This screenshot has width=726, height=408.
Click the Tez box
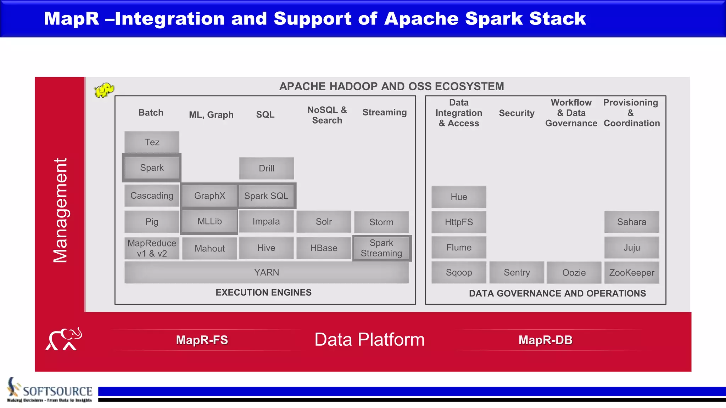[x=152, y=142]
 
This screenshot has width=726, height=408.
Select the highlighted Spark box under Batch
[x=152, y=168]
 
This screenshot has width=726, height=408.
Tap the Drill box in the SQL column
[x=266, y=168]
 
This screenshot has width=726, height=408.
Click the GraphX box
[x=210, y=195]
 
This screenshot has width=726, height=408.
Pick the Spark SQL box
[x=266, y=196]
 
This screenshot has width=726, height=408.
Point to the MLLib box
[x=210, y=221]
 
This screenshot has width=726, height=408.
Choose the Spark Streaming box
[x=381, y=248]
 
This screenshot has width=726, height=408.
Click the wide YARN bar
[x=266, y=272]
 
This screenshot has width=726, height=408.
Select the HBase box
[x=324, y=248]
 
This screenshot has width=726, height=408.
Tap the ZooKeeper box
[x=632, y=273]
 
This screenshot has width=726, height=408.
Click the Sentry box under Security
[x=516, y=272]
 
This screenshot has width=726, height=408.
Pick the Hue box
[x=459, y=197]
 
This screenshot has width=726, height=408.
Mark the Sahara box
[x=632, y=222]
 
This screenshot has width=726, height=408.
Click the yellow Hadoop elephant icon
[x=104, y=90]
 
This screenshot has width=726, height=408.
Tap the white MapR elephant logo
[x=64, y=339]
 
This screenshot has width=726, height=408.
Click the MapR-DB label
[x=545, y=340]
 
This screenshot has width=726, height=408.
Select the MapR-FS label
[x=202, y=340]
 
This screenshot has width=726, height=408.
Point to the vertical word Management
[x=60, y=210]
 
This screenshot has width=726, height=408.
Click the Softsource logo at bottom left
[x=50, y=390]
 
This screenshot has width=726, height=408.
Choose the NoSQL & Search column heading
[x=327, y=115]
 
